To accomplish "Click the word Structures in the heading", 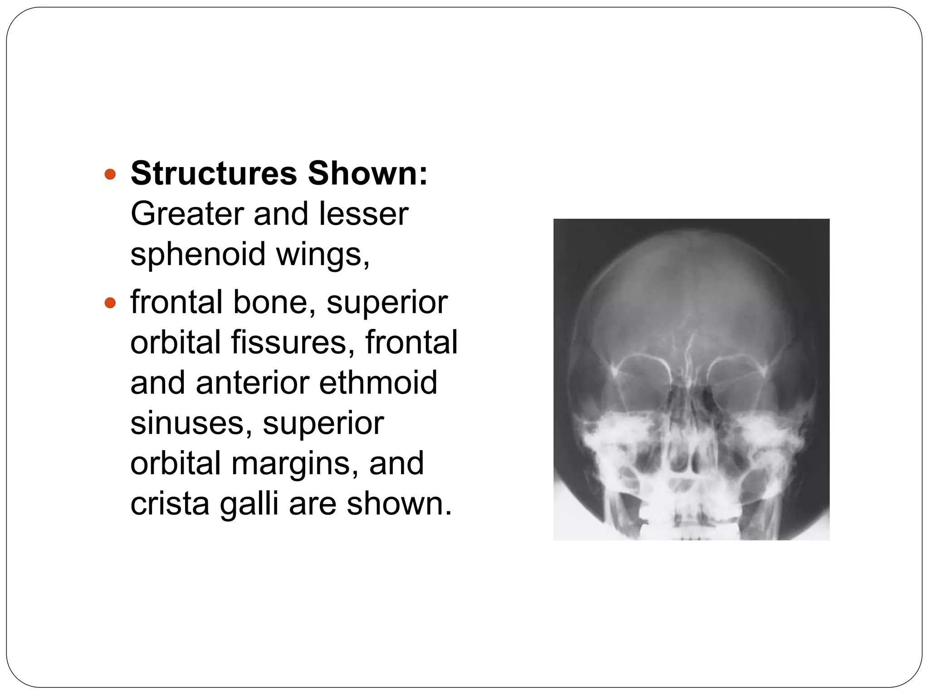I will pos(214,173).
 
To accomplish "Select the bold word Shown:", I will pos(367,173).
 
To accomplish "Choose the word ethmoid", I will pos(378,383).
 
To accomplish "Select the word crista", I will pos(170,504).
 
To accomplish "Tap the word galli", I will pos(249,504).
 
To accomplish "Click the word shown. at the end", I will pos(400,504).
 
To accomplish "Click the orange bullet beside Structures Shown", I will pos(110,174).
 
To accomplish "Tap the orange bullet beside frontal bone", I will pos(110,303).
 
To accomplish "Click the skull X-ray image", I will pos(691,379).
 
